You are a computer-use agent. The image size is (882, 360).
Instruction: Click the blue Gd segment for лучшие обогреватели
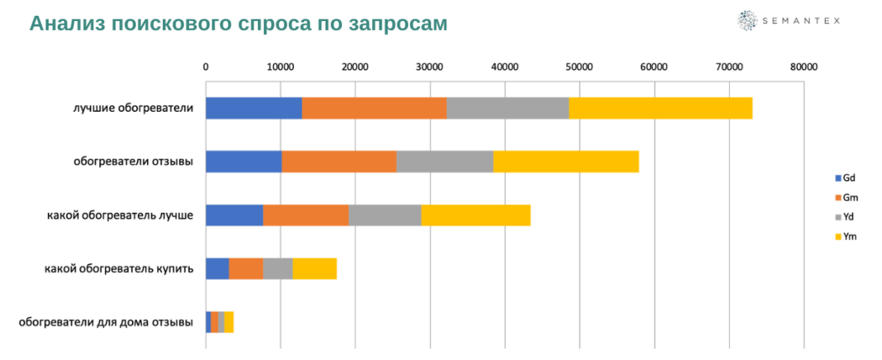(x=253, y=108)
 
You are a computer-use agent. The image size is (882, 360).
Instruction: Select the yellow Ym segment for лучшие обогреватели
(x=660, y=108)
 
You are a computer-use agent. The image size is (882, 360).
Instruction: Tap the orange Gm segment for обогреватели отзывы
(x=338, y=161)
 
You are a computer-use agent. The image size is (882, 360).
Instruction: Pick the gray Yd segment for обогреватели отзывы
(x=444, y=161)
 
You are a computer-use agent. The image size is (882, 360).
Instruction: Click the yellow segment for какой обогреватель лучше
(x=475, y=215)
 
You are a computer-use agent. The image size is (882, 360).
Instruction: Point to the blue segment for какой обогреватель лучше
(x=234, y=215)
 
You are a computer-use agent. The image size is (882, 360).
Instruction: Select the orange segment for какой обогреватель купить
(x=246, y=268)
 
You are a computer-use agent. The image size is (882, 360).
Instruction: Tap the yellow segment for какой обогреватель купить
(x=314, y=268)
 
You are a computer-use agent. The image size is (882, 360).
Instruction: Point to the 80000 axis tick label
(x=803, y=67)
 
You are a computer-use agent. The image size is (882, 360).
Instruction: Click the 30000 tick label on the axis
(x=430, y=67)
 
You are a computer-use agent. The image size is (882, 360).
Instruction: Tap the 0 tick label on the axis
(x=205, y=67)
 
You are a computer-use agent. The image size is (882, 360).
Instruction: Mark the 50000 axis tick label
(x=579, y=67)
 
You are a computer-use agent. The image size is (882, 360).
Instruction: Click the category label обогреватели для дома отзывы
(x=106, y=322)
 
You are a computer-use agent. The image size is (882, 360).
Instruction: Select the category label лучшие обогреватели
(x=133, y=108)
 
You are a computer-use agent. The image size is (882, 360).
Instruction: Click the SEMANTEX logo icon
(x=747, y=21)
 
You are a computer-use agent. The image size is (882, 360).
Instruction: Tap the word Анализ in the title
(x=67, y=23)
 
